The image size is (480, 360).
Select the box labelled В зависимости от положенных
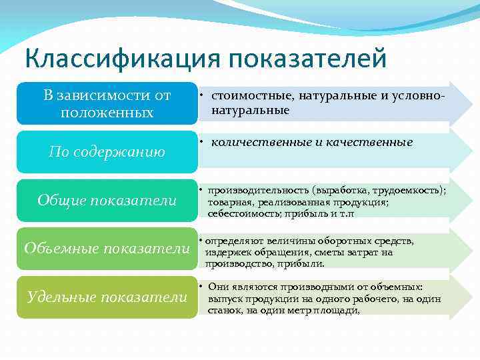(107, 104)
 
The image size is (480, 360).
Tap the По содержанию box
(107, 151)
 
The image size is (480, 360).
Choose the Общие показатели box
(107, 200)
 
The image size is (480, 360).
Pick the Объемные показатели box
(107, 248)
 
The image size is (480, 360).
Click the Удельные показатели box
(107, 297)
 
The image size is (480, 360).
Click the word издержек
(226, 252)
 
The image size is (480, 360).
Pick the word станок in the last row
(225, 309)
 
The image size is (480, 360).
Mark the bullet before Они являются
(201, 287)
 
